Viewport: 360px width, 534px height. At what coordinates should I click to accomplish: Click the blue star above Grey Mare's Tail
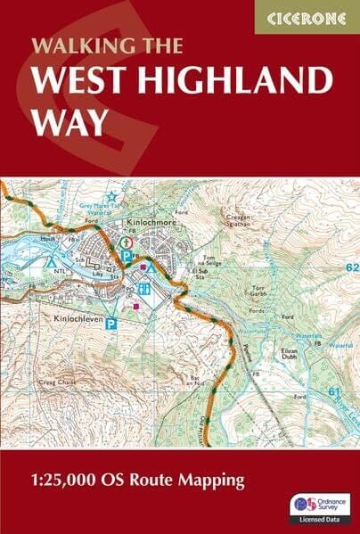click(111, 196)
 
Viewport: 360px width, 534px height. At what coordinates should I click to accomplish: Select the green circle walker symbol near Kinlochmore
click(127, 242)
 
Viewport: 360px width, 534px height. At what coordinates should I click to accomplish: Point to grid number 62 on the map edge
click(350, 267)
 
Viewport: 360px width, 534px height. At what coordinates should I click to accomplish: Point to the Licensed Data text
click(317, 523)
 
